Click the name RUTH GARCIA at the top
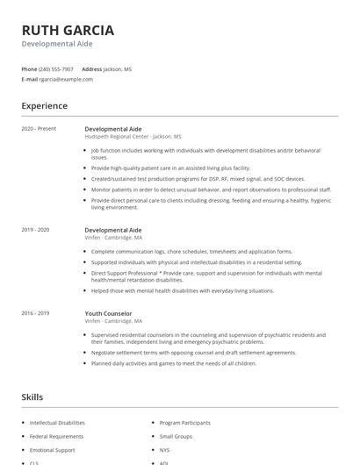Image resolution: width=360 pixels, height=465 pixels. (68, 30)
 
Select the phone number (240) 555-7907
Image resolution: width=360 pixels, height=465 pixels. (57, 68)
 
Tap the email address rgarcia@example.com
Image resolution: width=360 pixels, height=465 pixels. (66, 79)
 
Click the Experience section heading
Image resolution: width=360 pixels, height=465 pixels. (45, 106)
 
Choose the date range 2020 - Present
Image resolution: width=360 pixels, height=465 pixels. (39, 129)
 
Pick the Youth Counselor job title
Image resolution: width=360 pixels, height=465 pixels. (108, 313)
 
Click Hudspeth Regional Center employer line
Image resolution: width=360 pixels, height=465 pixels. (133, 137)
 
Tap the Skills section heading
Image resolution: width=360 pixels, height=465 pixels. (32, 397)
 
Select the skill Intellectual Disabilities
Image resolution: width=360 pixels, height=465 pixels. (57, 422)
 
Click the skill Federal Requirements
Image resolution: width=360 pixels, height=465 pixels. (56, 436)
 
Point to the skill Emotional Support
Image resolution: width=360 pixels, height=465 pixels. (52, 450)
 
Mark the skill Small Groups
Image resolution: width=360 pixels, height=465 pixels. (176, 436)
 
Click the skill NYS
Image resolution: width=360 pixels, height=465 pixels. (165, 450)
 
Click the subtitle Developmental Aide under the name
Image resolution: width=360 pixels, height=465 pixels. (57, 44)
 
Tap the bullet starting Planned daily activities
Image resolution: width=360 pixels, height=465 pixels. (173, 363)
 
